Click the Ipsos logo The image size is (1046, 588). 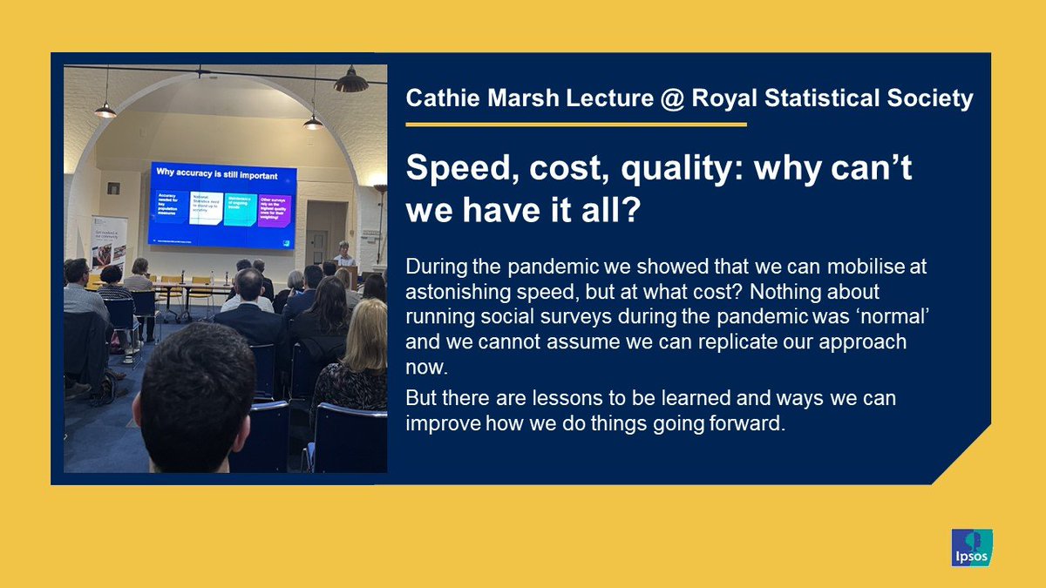coord(972,549)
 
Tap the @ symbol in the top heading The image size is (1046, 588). coord(668,98)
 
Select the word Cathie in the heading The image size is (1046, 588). coord(441,98)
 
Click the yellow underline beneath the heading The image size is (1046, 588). coord(575,125)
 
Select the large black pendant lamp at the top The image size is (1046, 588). coord(350,82)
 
